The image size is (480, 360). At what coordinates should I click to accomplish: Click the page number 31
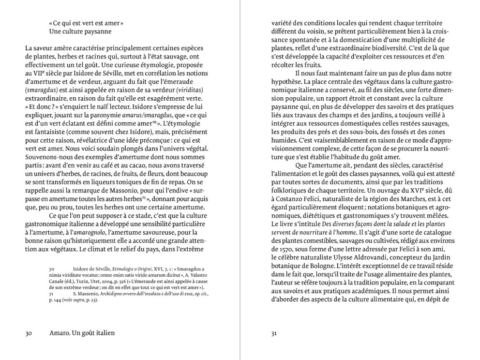274,333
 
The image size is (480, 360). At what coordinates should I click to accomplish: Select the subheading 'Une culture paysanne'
80,31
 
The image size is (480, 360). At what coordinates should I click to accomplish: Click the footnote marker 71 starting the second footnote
52,293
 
